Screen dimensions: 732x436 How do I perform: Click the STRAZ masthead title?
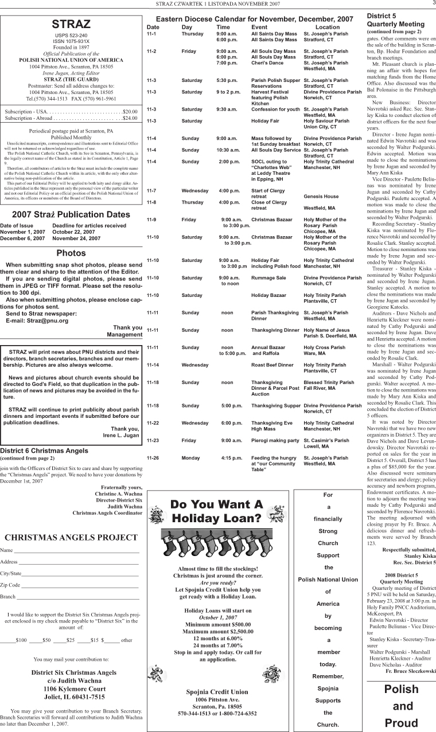[x=71, y=24]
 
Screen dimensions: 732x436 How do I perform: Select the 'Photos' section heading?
[x=71, y=253]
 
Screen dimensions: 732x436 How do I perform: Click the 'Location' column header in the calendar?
[x=328, y=27]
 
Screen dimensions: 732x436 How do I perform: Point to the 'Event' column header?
[x=259, y=27]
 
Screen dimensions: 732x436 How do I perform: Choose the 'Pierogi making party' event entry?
[x=275, y=440]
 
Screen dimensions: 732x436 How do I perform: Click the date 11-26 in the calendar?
[x=153, y=458]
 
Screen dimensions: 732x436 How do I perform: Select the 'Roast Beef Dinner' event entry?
[x=273, y=365]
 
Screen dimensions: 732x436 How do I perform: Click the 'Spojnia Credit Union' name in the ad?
[x=217, y=692]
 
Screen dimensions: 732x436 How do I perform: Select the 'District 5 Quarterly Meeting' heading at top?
[x=396, y=21]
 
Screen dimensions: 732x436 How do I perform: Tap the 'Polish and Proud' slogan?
[x=401, y=706]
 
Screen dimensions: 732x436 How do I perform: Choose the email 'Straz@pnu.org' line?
[x=37, y=320]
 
